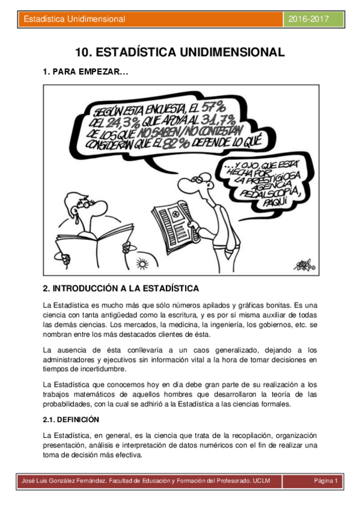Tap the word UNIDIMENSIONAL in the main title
[x=229, y=52]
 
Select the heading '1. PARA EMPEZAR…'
[x=85, y=72]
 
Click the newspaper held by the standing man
[x=173, y=220]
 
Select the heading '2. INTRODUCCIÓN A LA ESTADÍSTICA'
[x=121, y=288]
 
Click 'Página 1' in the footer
[x=327, y=481]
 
